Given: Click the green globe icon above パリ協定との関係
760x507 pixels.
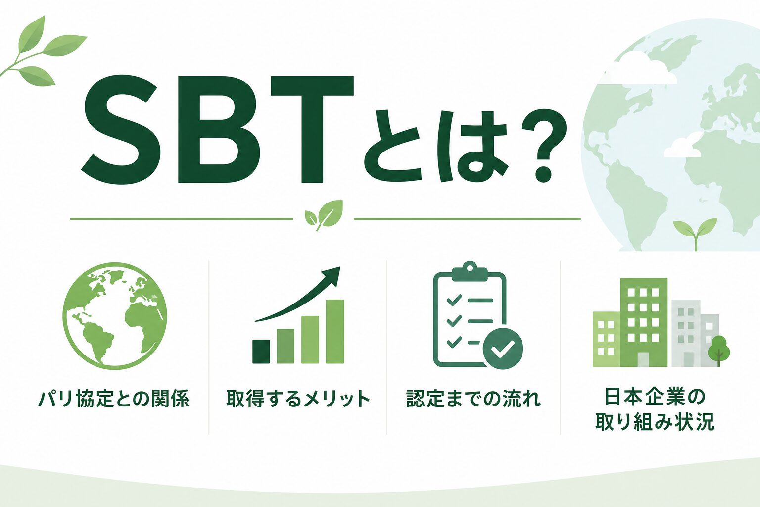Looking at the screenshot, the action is [x=115, y=315].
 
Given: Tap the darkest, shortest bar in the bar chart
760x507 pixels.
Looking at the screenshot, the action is [x=261, y=352].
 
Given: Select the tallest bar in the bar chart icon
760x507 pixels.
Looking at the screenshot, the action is [x=335, y=331].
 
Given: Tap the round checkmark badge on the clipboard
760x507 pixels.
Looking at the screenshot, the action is [x=503, y=349].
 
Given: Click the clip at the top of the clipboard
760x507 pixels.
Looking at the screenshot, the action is [x=470, y=270].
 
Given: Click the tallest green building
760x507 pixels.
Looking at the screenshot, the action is [x=644, y=322].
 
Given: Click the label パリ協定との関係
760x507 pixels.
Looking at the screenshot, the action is [x=114, y=399].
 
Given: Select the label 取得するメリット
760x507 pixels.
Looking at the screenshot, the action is [x=298, y=399].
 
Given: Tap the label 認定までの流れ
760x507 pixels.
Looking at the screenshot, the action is [x=474, y=399].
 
